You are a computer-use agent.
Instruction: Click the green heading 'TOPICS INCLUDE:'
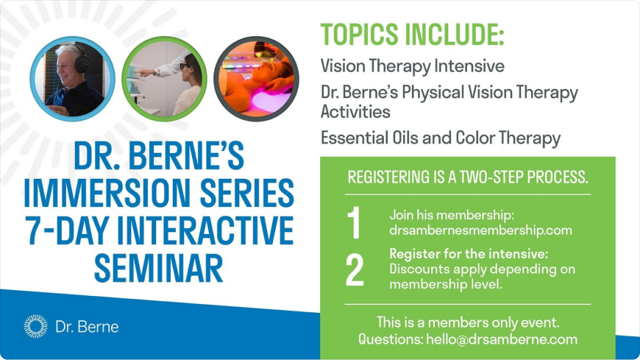pyautogui.click(x=412, y=35)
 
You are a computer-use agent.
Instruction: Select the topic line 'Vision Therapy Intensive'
pyautogui.click(x=412, y=66)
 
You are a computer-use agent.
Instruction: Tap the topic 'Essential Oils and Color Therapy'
pyautogui.click(x=441, y=138)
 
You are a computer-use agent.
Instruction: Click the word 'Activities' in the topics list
pyautogui.click(x=355, y=112)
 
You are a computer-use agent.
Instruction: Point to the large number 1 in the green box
pyautogui.click(x=354, y=223)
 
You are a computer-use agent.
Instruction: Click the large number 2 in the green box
pyautogui.click(x=355, y=269)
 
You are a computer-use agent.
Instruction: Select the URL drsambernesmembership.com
pyautogui.click(x=480, y=230)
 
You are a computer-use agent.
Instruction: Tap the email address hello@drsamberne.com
pyautogui.click(x=502, y=339)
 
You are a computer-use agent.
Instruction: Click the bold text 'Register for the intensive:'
pyautogui.click(x=469, y=254)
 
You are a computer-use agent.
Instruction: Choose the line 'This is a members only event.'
pyautogui.click(x=468, y=322)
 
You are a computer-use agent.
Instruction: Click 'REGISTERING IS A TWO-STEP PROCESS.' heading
pyautogui.click(x=468, y=177)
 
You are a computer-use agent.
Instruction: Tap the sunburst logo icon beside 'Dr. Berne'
pyautogui.click(x=35, y=326)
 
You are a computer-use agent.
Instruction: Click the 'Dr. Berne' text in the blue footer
pyautogui.click(x=87, y=327)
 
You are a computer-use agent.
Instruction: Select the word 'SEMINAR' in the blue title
pyautogui.click(x=158, y=268)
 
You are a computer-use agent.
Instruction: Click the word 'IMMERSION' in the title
pyautogui.click(x=107, y=192)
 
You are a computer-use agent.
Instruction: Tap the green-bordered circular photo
pyautogui.click(x=164, y=79)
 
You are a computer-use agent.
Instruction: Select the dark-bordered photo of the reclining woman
pyautogui.click(x=256, y=79)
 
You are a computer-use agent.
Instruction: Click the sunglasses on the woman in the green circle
pyautogui.click(x=185, y=66)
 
